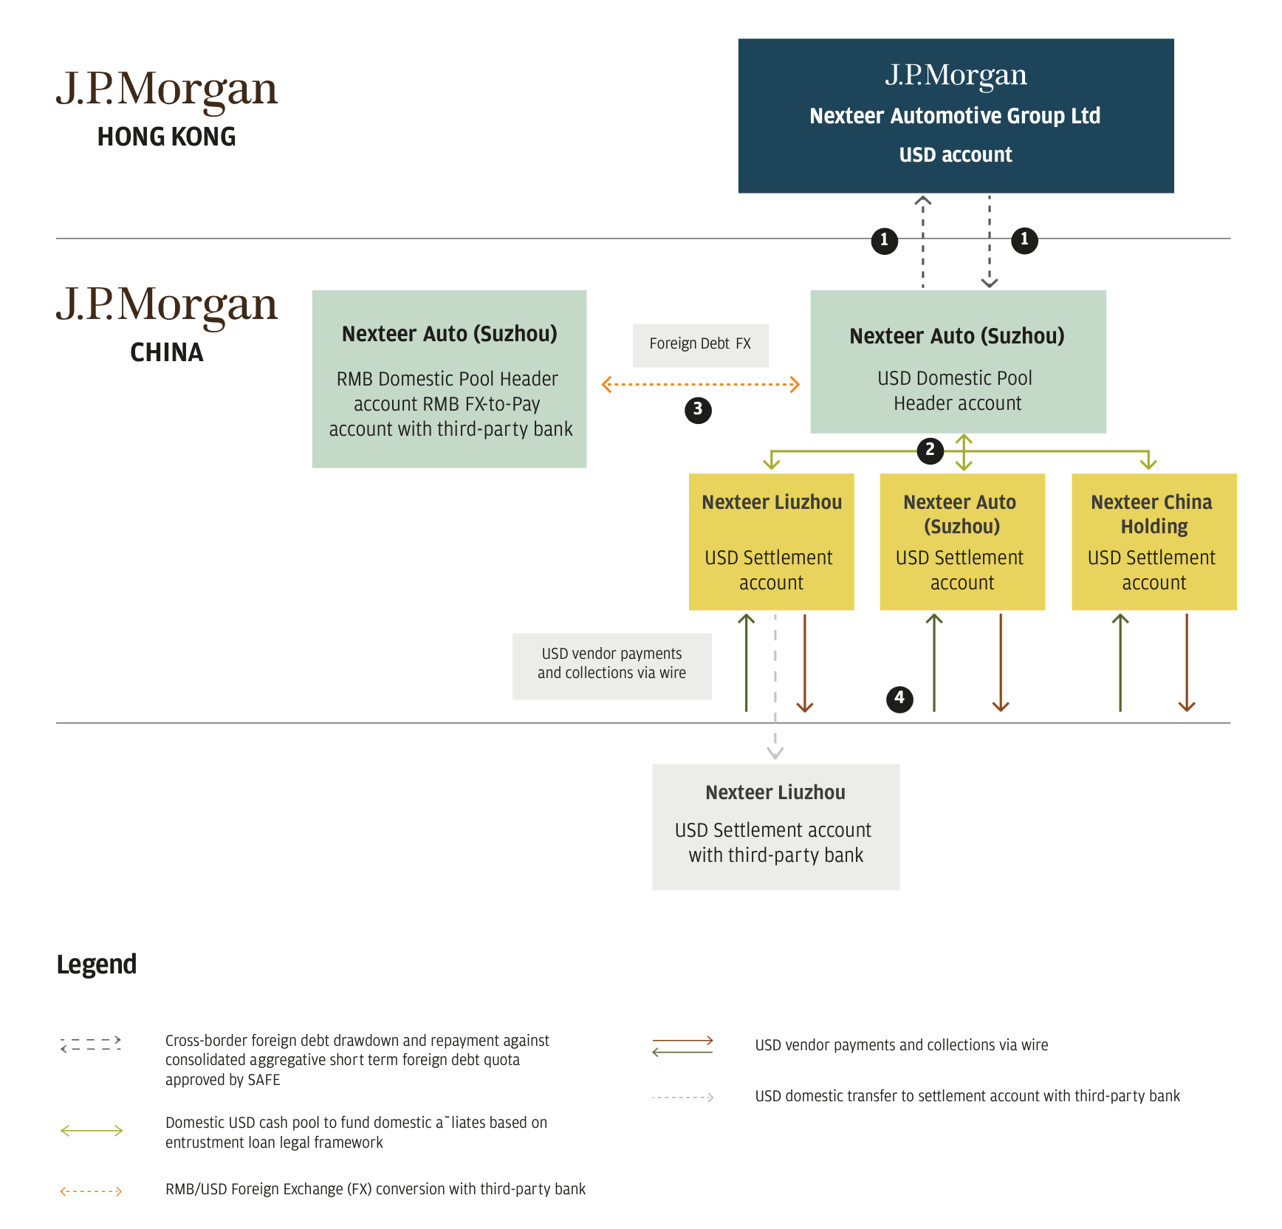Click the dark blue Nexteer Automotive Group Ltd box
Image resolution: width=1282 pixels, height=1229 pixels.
coord(956,116)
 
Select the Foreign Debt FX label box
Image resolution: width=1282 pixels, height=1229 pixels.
coord(700,345)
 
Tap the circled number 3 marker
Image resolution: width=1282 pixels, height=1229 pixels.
coord(698,410)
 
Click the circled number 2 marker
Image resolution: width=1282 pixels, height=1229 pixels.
coord(930,450)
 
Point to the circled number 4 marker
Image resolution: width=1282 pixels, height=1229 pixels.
coord(899,698)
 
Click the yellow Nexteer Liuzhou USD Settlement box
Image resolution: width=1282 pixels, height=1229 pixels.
coord(771,541)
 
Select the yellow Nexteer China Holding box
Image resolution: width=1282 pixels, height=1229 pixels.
coord(1154,541)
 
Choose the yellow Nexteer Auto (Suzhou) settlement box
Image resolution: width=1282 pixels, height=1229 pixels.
coord(962,541)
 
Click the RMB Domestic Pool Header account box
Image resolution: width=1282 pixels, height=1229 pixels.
coord(449,379)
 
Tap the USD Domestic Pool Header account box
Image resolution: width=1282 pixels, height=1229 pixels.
coord(958,361)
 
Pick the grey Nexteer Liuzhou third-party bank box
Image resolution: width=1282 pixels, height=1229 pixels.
coord(775,826)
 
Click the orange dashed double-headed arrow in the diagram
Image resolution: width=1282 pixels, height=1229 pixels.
coord(701,385)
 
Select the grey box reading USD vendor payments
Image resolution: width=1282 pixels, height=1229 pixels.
coord(611,665)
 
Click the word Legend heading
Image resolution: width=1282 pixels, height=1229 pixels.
coord(97,964)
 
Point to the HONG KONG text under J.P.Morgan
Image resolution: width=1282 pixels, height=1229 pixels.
coord(166,137)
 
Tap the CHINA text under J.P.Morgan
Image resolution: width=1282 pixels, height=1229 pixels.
coord(166,353)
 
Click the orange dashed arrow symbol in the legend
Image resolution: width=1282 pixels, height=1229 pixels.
coord(91,1191)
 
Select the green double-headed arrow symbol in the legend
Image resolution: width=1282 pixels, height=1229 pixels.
coord(92,1131)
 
